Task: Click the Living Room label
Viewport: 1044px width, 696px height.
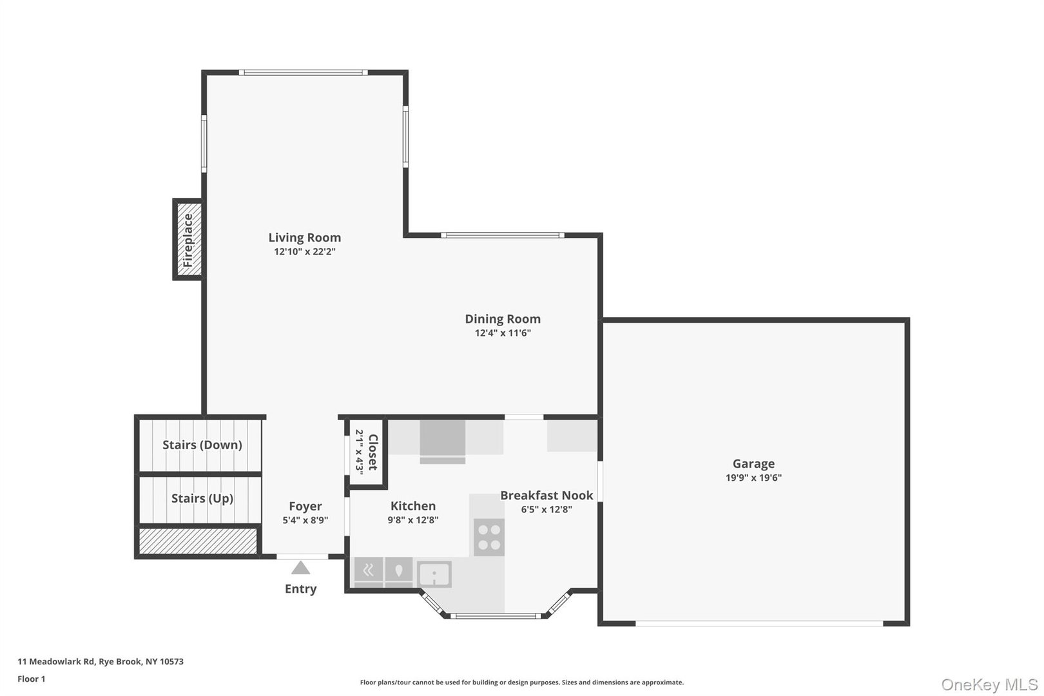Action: (304, 238)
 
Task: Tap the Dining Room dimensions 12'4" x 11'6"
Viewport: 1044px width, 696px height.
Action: (503, 333)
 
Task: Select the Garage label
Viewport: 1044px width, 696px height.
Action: (753, 463)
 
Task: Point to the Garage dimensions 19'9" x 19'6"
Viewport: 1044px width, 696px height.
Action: (753, 478)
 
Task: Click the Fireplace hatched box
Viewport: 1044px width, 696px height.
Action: (188, 240)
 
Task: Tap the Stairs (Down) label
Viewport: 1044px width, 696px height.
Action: (202, 445)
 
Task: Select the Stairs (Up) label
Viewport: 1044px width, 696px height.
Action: (202, 498)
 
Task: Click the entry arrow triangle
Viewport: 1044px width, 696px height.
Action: (300, 568)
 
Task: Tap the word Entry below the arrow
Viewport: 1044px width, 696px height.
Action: (300, 589)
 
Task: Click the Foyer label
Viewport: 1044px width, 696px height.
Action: (305, 507)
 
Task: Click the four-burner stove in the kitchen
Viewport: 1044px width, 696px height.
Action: (488, 537)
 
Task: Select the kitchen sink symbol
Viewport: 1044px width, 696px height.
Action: (434, 574)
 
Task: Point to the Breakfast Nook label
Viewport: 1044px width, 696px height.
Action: (546, 496)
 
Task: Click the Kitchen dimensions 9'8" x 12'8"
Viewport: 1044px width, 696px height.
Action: (412, 520)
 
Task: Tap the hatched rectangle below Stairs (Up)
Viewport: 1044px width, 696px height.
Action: (198, 540)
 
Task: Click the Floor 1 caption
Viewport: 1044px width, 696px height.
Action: (31, 679)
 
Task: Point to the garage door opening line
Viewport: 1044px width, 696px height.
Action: (759, 623)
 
